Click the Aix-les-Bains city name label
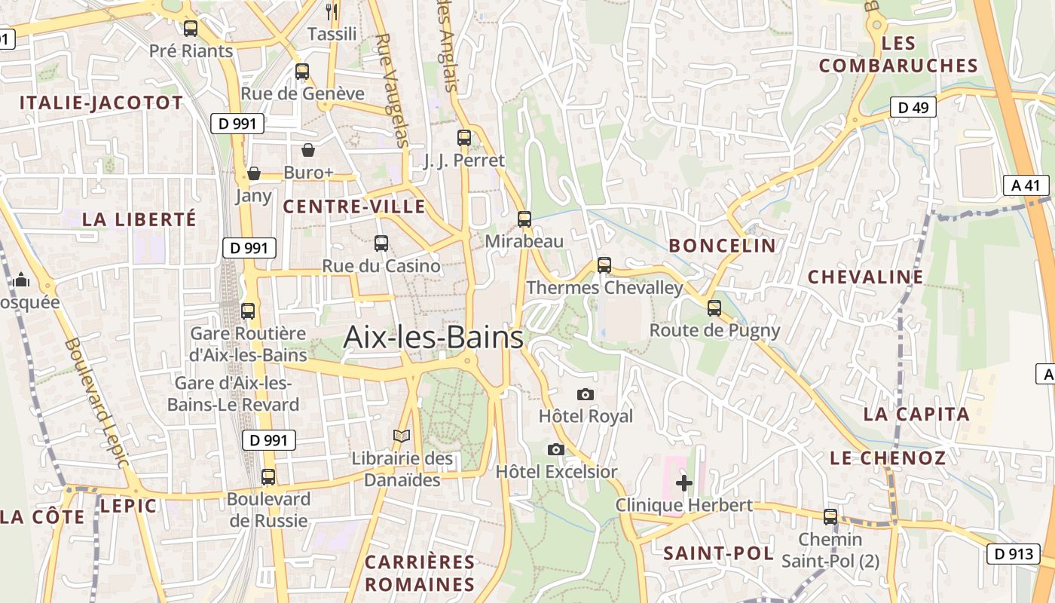433,337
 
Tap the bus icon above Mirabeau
524,219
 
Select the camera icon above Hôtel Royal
585,394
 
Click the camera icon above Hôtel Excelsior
556,450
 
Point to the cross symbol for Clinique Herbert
684,482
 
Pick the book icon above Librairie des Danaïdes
402,436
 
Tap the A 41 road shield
1026,185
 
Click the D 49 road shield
913,108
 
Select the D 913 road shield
1014,554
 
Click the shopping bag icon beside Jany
254,174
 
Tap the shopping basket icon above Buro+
308,150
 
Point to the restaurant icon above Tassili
332,11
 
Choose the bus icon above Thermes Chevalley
604,265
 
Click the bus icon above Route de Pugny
714,308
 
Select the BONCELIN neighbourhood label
722,246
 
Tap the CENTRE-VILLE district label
354,207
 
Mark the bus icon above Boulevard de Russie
268,477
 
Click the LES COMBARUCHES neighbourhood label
898,54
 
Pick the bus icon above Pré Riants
191,29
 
